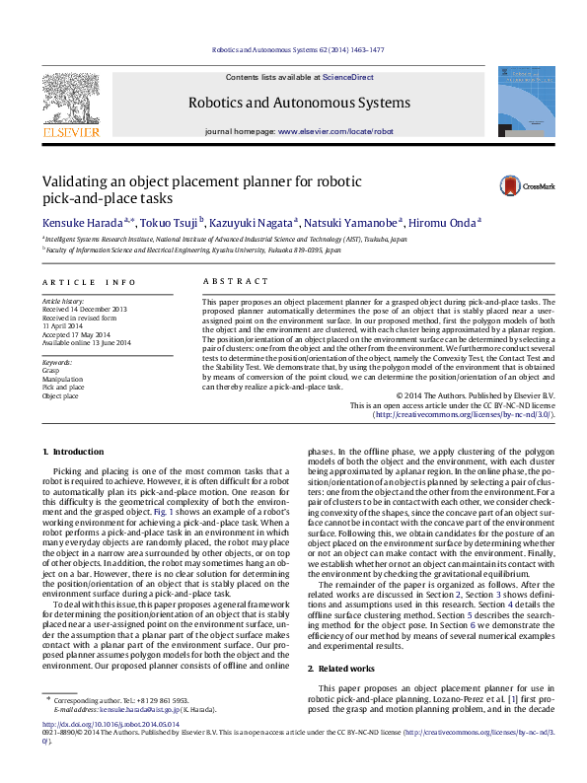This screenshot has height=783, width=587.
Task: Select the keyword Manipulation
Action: (63, 380)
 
